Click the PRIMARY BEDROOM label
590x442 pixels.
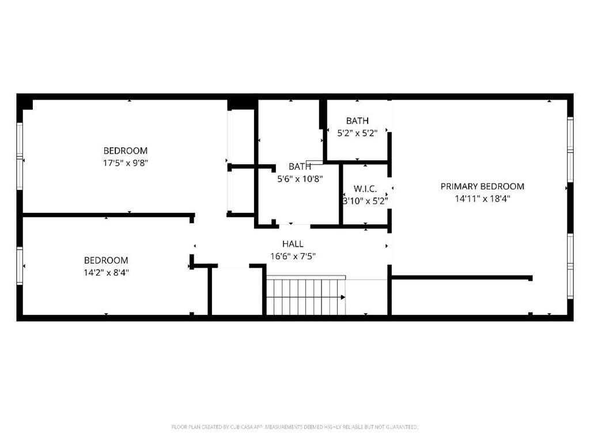482,186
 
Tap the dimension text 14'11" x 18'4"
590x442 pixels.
482,199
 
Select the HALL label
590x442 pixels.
293,244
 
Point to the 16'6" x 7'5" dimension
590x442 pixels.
293,256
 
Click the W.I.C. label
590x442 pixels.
365,189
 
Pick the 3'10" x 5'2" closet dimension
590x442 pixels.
365,201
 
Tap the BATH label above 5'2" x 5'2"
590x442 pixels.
357,121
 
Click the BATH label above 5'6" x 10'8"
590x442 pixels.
300,166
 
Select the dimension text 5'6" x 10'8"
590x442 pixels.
300,178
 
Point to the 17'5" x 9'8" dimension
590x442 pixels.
126,163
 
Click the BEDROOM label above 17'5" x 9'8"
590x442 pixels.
126,151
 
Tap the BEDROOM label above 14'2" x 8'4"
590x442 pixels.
106,260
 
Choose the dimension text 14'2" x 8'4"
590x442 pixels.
106,272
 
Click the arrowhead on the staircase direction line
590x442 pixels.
343,298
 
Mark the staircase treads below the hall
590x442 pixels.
305,296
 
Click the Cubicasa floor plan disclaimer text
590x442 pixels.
295,426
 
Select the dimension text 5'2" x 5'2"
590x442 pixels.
357,133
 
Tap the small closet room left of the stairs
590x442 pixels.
237,291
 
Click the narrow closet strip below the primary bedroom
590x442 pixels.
461,297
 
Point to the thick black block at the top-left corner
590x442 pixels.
25,104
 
